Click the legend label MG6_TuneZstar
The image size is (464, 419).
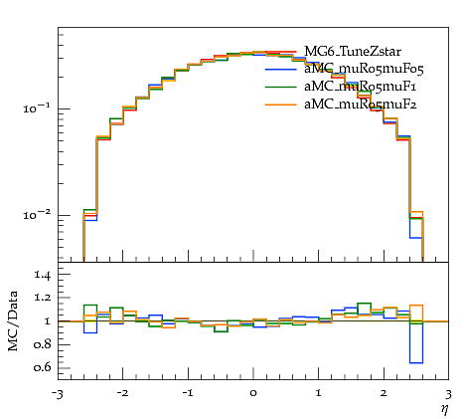(x=353, y=52)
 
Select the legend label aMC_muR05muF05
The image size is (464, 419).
(x=364, y=69)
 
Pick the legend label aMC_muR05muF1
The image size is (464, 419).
(x=360, y=87)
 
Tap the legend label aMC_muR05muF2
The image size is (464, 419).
(x=361, y=105)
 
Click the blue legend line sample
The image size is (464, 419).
(x=281, y=70)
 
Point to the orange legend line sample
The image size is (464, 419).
(x=281, y=105)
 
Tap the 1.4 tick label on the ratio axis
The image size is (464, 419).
(x=42, y=275)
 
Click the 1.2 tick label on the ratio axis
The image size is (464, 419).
(x=42, y=298)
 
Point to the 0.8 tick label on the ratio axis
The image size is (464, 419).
(x=42, y=344)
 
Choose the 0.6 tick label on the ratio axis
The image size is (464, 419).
(x=42, y=367)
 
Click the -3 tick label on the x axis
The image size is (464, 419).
(x=58, y=394)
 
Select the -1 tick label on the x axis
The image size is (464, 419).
(x=188, y=393)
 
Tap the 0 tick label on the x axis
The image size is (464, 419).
(x=253, y=393)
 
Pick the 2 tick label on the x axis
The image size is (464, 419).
(x=384, y=393)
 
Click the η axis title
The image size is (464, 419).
(x=444, y=409)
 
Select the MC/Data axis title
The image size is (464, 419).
(x=13, y=321)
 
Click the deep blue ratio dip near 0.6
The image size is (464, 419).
(x=416, y=363)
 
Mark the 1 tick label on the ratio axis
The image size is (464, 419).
(x=48, y=321)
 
